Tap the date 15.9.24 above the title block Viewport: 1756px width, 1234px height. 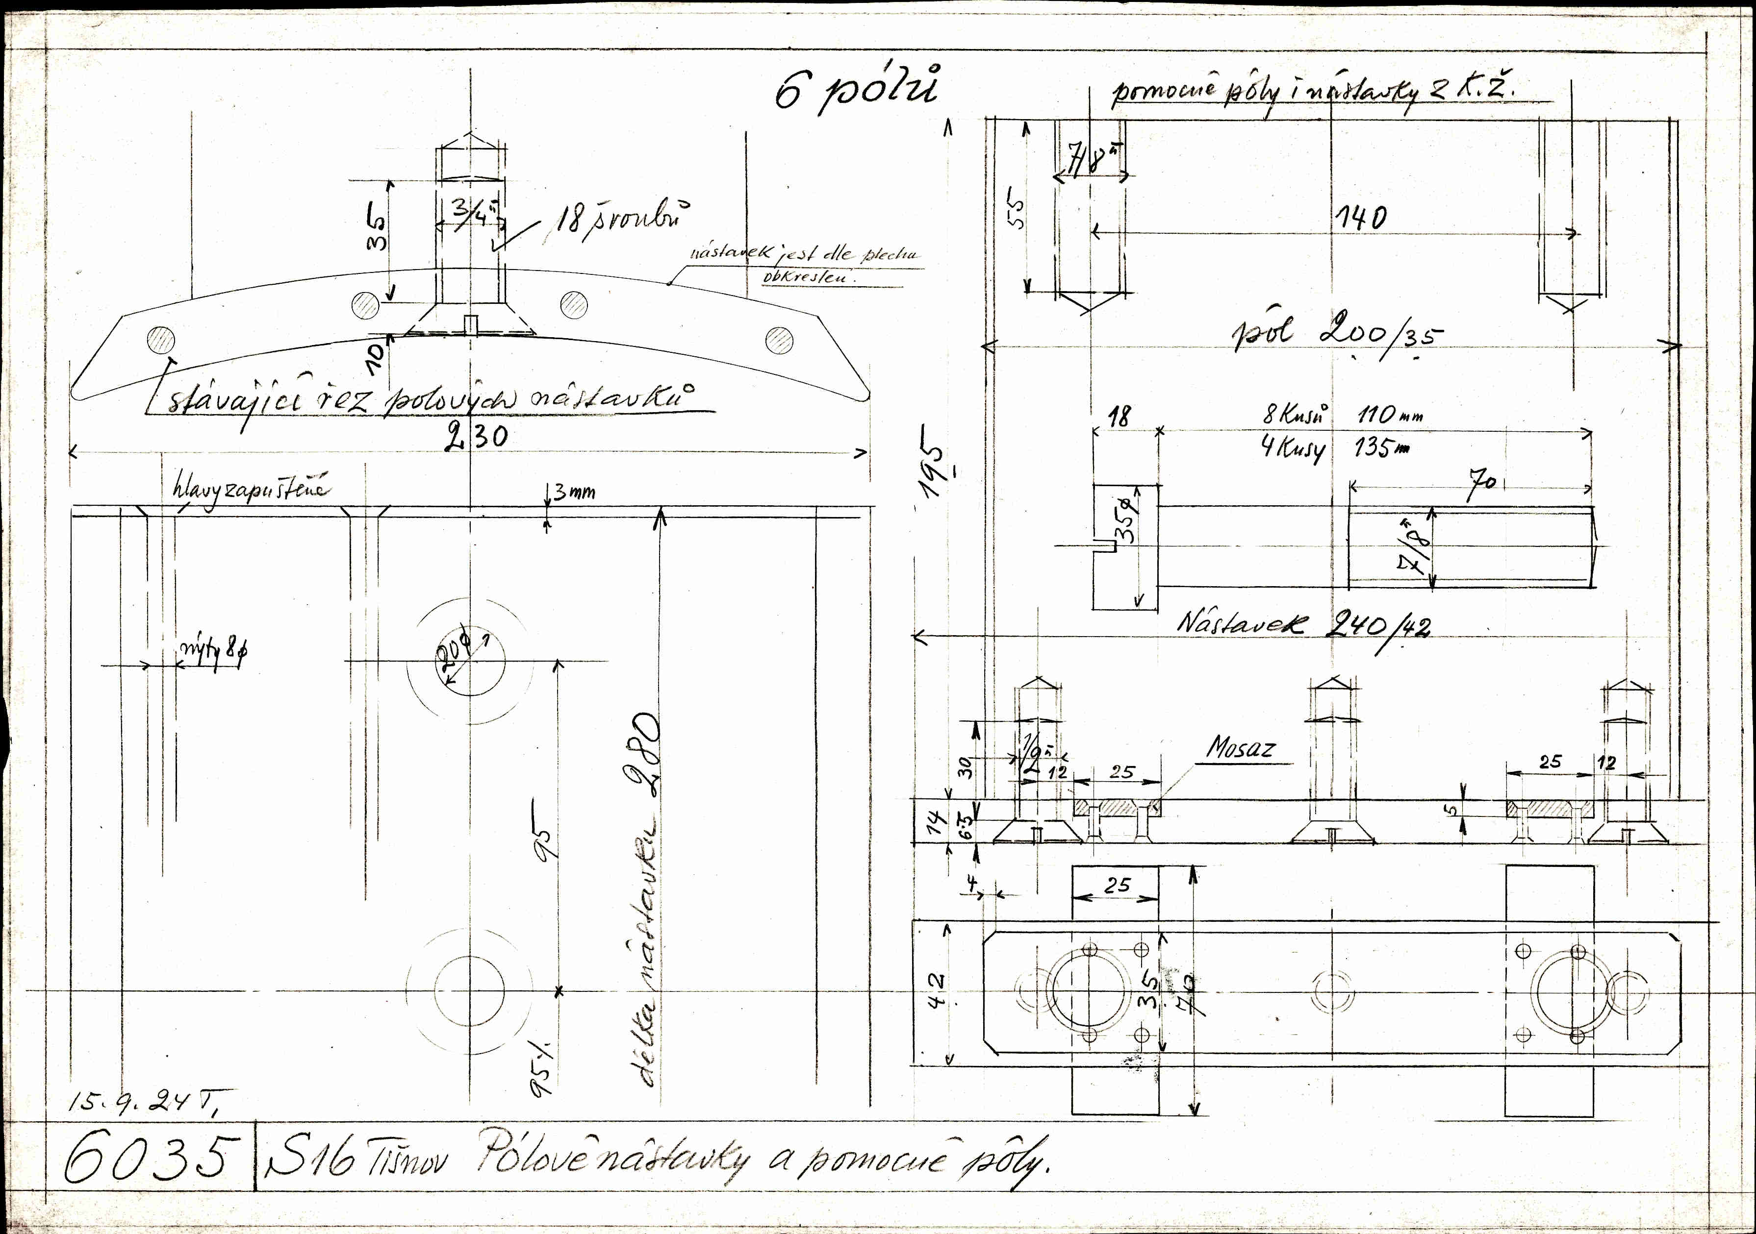click(x=145, y=1102)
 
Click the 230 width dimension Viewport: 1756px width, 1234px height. click(x=475, y=437)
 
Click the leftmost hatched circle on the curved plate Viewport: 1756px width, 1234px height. click(x=161, y=338)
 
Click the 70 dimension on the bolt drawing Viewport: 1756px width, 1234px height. click(x=1483, y=486)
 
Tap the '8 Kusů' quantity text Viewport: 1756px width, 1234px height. click(x=1294, y=415)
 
